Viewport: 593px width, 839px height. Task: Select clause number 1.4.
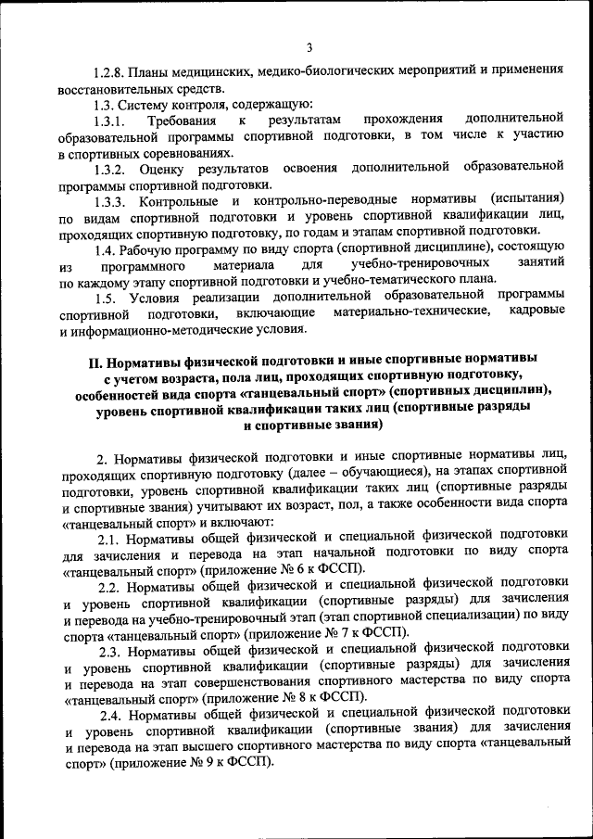(107, 248)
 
